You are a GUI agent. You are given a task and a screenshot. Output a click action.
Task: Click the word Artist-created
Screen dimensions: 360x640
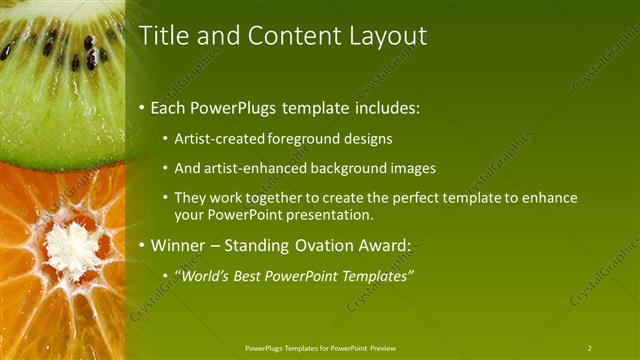[219, 140]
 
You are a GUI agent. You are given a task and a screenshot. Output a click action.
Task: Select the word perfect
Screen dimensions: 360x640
[400, 198]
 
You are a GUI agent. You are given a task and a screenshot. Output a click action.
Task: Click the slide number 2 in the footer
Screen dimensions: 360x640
[589, 348]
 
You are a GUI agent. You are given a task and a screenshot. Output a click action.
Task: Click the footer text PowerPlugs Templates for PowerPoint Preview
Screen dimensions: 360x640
[320, 348]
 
